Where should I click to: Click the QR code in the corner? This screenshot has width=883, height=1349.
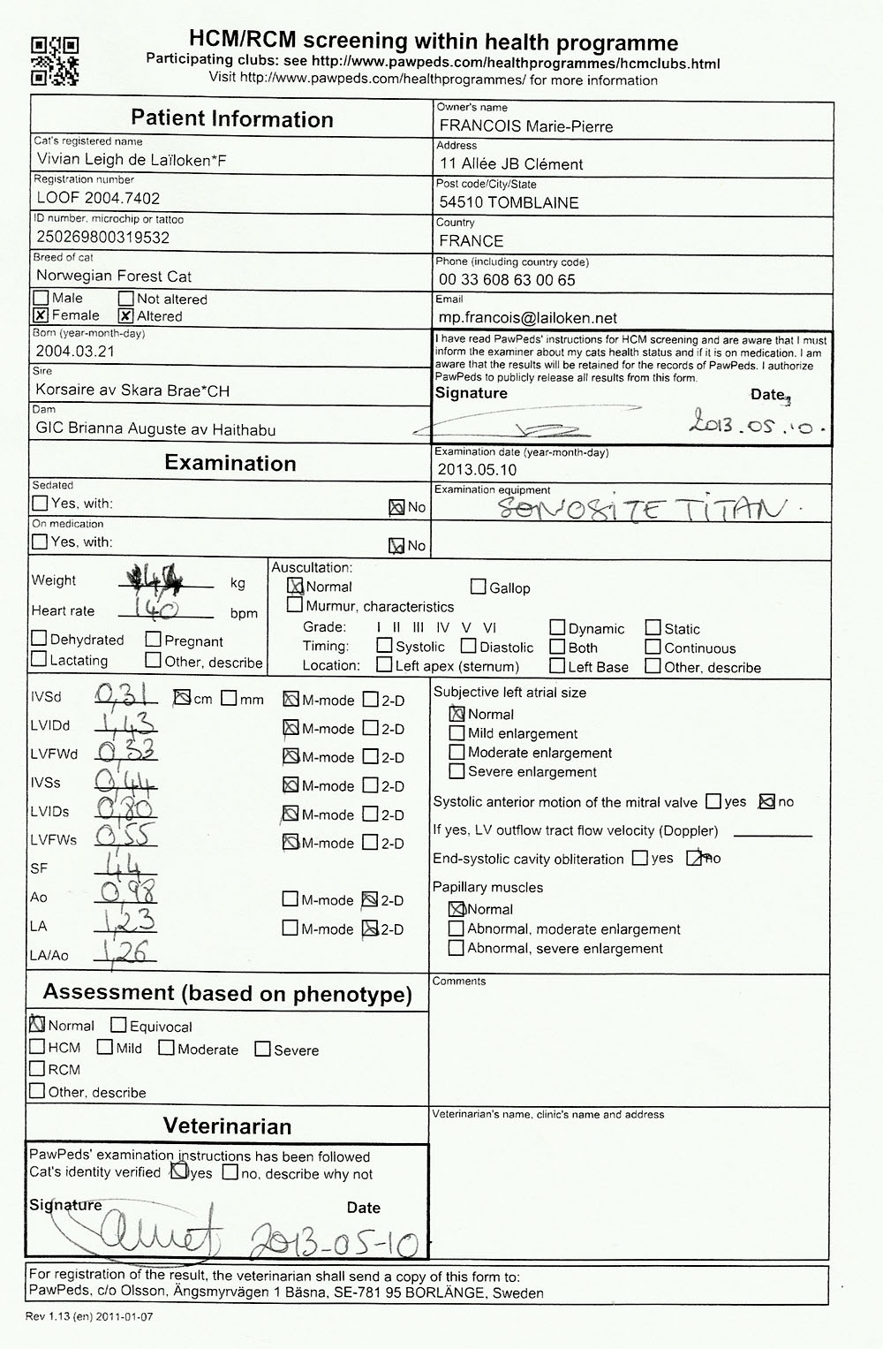pos(55,60)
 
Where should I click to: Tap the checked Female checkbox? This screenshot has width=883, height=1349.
pos(41,315)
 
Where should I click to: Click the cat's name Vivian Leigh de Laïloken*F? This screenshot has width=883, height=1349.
pos(132,159)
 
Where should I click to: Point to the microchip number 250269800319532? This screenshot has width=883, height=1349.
pos(102,237)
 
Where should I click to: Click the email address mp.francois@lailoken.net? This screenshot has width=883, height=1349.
pos(527,318)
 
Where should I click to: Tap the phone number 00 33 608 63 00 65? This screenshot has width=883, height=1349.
pos(507,280)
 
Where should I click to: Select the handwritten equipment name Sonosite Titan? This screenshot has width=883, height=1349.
pos(640,509)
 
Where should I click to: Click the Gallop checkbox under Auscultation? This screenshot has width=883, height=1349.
pos(479,587)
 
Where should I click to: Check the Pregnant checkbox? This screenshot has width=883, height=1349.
pos(154,640)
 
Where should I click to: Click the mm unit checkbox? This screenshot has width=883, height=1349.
pos(230,699)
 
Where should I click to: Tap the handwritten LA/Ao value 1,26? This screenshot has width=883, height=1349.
pos(126,951)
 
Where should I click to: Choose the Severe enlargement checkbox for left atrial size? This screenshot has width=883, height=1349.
pos(457,771)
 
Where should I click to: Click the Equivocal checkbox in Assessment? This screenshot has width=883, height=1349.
pos(118,1026)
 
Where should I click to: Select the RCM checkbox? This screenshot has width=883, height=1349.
pos(38,1069)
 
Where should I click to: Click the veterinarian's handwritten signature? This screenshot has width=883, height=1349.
pos(132,1228)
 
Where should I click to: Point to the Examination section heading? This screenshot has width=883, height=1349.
pos(230,463)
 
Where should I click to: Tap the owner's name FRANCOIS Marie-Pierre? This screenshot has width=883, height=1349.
pos(525,126)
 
